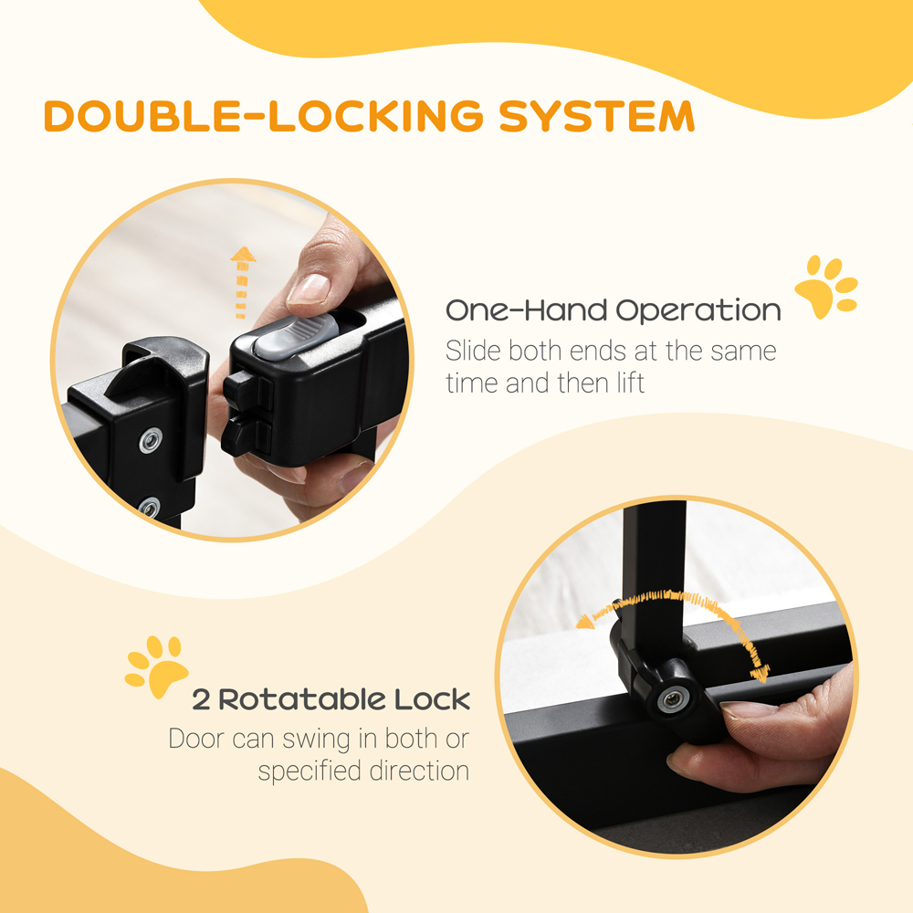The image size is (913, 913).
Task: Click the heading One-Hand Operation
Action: tap(613, 310)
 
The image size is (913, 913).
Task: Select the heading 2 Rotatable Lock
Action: tap(331, 700)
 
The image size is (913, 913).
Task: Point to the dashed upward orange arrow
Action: tap(242, 281)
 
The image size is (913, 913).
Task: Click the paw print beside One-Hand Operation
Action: tap(825, 287)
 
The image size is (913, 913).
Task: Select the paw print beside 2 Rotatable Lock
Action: tap(156, 665)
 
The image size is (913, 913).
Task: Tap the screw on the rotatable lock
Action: tap(673, 699)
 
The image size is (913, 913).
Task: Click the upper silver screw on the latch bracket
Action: tap(152, 442)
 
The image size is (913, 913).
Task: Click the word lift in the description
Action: tap(625, 383)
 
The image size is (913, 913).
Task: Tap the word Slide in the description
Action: tap(472, 350)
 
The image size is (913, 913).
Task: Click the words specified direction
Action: tap(363, 771)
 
